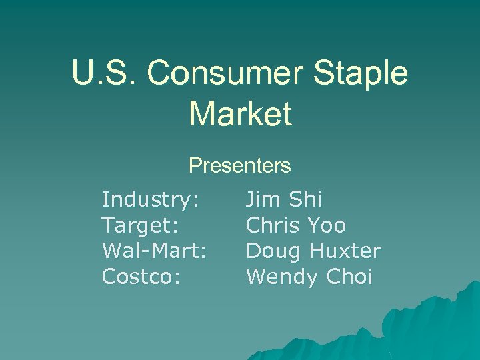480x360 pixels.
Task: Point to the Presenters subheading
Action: (x=240, y=165)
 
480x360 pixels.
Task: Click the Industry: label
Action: (x=151, y=199)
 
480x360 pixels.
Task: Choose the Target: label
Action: (x=140, y=225)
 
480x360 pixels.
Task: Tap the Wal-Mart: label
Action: (x=154, y=251)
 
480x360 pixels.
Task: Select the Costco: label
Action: (x=141, y=277)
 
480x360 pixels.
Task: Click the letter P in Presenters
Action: (x=195, y=165)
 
